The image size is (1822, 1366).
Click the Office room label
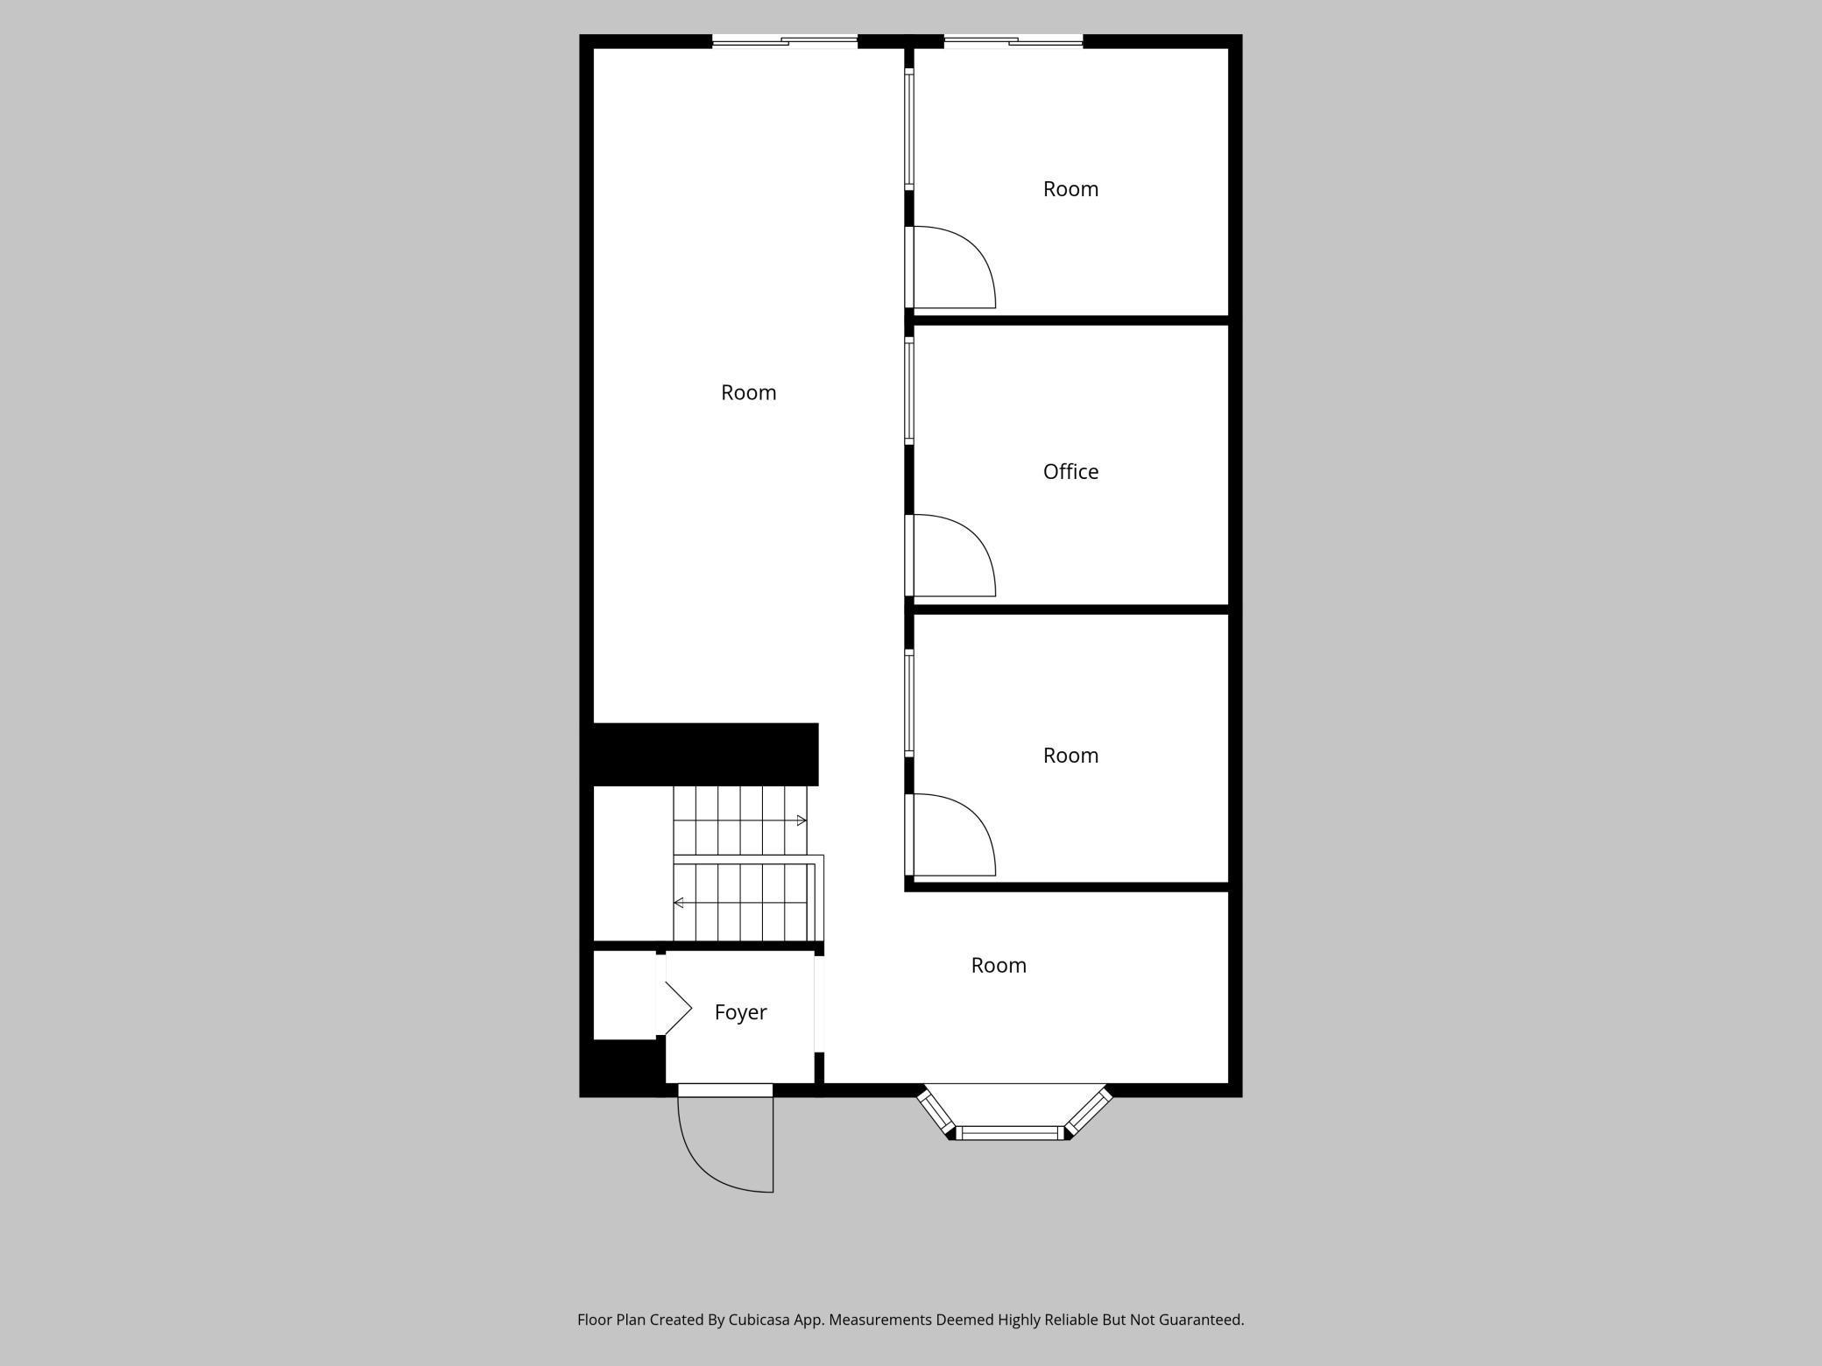point(1070,472)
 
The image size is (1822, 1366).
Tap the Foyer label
point(740,1012)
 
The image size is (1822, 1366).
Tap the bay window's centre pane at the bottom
point(1012,1133)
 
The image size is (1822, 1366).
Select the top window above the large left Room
point(785,41)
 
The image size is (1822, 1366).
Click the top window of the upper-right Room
point(1013,41)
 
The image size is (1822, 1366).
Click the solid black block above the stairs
point(705,754)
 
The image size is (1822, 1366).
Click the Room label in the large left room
point(749,393)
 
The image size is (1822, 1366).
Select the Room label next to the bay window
point(999,966)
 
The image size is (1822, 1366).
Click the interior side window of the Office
point(909,391)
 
